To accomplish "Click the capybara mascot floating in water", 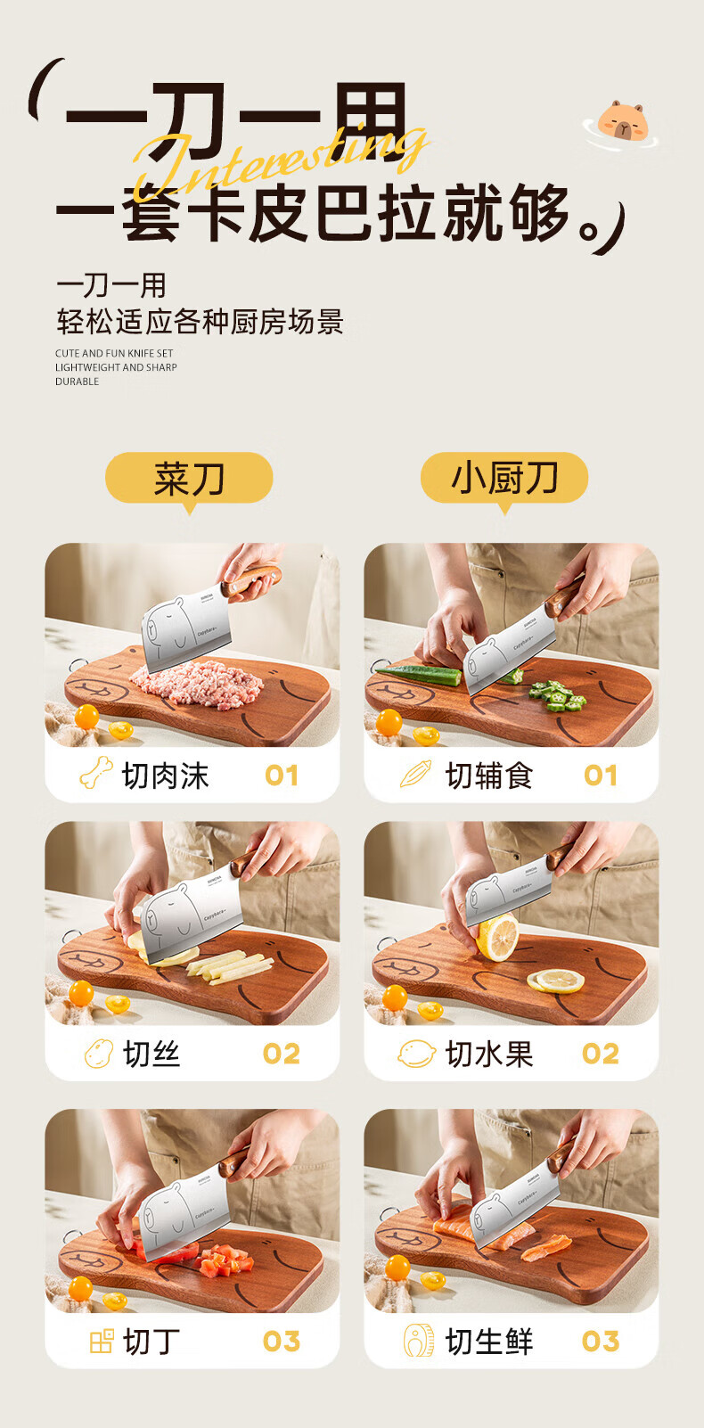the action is [621, 124].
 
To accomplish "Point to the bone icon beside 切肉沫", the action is [96, 773].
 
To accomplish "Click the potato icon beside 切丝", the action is [99, 1053].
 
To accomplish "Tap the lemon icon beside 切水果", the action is [417, 1053].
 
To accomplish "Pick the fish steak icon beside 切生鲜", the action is [419, 1341].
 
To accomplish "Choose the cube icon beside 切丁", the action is [102, 1342].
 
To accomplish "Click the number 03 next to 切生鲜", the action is [600, 1342].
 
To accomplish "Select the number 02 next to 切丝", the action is [281, 1054].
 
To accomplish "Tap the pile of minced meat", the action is [199, 685].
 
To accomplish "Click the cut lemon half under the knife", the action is [497, 937].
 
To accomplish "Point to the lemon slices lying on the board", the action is [555, 981].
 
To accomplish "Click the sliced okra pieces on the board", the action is [558, 695].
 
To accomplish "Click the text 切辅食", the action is [488, 776].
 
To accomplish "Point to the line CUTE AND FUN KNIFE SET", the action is [114, 353].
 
